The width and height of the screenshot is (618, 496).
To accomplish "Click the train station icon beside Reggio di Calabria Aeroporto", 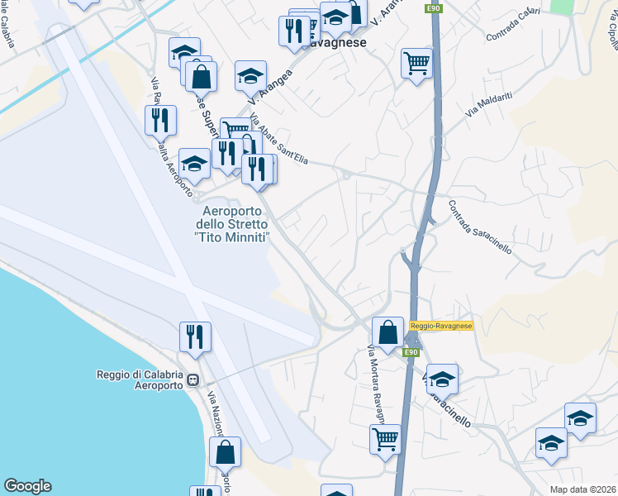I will tap(193, 380).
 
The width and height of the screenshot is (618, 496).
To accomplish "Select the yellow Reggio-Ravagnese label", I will tap(440, 327).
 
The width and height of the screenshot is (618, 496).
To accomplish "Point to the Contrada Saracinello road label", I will tap(480, 227).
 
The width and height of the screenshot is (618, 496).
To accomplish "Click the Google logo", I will tap(27, 486).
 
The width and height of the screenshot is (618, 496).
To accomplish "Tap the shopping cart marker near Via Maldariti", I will tap(417, 63).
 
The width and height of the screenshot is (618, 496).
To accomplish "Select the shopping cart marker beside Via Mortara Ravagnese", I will tap(386, 440).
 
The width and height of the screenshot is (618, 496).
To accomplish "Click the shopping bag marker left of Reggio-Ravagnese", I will tap(387, 333).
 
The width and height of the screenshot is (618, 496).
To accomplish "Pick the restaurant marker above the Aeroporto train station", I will tap(195, 336).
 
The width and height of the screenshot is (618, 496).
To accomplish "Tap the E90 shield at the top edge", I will tap(433, 8).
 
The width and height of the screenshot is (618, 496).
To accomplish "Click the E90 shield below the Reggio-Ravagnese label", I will tap(411, 353).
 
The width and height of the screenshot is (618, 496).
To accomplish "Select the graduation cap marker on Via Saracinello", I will tap(442, 379).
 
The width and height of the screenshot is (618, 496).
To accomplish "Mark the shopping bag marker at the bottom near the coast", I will tap(225, 452).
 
